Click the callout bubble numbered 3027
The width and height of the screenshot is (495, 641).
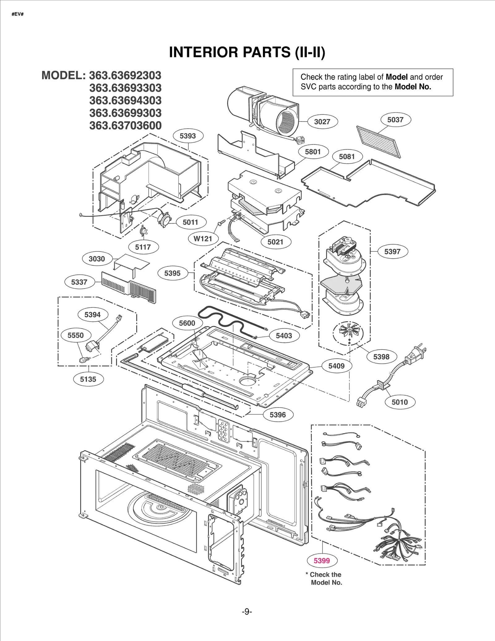[322, 122]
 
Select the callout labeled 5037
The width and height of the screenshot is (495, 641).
[395, 120]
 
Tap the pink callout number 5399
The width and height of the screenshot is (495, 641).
[322, 561]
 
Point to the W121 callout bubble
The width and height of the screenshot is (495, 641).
[203, 239]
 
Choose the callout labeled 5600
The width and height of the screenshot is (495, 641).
[187, 323]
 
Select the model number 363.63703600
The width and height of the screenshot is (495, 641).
[125, 126]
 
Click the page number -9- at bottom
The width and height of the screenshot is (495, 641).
[247, 612]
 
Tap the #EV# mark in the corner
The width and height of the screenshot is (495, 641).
[18, 15]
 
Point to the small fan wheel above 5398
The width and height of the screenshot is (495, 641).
[348, 332]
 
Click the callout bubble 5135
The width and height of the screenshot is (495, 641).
[88, 379]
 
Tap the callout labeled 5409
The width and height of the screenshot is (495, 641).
[336, 366]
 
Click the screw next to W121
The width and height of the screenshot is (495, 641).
[221, 223]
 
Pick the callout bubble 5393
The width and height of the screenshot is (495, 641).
[188, 136]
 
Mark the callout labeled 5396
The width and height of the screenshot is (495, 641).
[278, 415]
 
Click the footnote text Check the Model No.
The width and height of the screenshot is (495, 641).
[325, 579]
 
